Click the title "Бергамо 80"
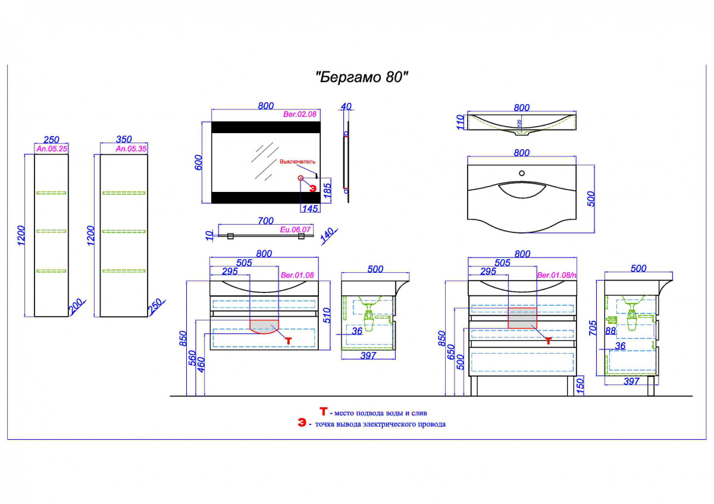362,77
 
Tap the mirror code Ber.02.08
299,113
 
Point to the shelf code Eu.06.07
296,229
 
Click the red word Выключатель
297,162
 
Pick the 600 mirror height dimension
199,162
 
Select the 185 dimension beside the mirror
327,190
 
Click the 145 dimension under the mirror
311,208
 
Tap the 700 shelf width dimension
265,221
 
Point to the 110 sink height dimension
459,122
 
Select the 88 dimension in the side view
610,331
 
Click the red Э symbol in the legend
302,423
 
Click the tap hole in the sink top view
522,174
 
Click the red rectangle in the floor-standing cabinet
522,318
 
